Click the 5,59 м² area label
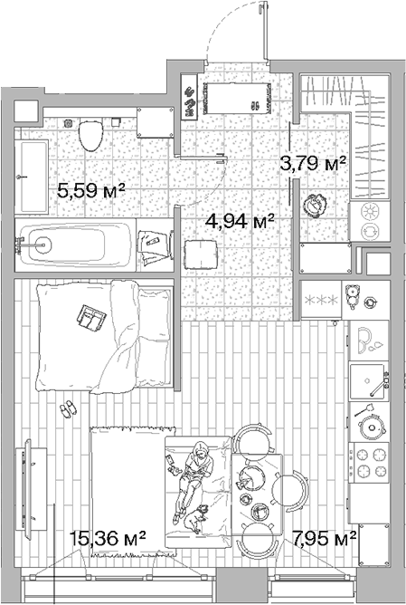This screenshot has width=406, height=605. [x=91, y=190]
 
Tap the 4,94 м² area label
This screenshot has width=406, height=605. [x=240, y=221]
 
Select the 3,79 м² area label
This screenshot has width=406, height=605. [x=312, y=164]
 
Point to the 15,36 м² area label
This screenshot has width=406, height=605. [x=108, y=538]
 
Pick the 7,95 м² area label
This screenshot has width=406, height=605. [x=324, y=538]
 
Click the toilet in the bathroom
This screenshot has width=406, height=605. [x=91, y=135]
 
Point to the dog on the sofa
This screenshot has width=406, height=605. [x=195, y=518]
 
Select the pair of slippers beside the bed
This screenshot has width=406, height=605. [x=68, y=408]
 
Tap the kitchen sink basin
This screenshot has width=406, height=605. [x=367, y=381]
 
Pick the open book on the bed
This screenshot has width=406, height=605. [x=91, y=318]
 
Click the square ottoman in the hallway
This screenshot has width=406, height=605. [x=201, y=254]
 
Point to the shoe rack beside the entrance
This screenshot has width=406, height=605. [x=189, y=97]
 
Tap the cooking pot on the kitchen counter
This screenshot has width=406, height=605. [x=372, y=427]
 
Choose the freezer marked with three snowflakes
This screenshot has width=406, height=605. [x=321, y=300]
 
